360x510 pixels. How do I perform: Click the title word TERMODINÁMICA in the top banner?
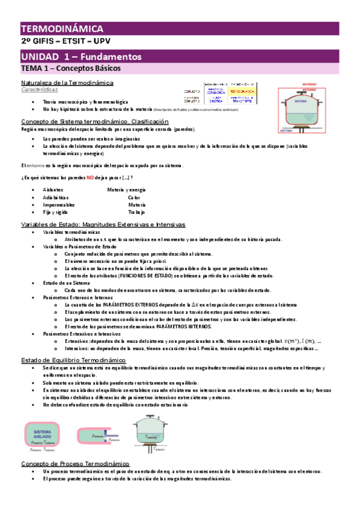(62, 29)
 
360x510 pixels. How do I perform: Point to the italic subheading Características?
(40, 89)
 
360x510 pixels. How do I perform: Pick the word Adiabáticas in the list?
(55, 197)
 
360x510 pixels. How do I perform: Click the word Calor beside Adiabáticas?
(133, 197)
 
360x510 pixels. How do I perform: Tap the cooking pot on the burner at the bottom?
(155, 432)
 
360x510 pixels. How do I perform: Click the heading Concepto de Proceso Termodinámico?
(75, 464)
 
